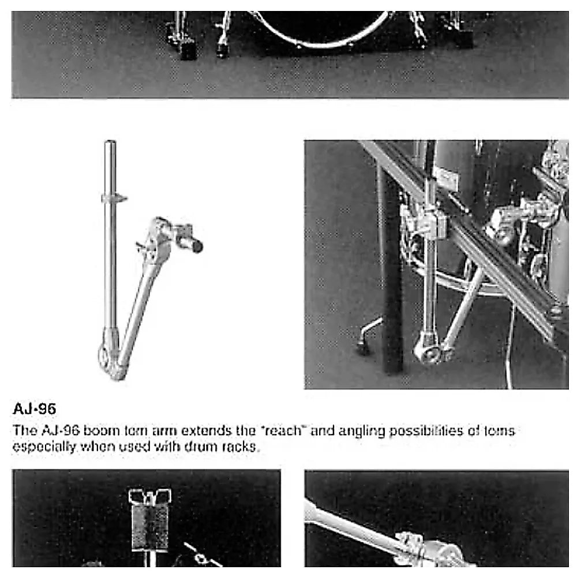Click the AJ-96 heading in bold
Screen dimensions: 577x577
pos(34,410)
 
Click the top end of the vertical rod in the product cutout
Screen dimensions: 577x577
pos(110,143)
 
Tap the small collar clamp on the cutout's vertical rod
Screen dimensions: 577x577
pos(113,198)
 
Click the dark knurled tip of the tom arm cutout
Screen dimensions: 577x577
pos(196,247)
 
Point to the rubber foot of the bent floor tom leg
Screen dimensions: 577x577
pos(362,349)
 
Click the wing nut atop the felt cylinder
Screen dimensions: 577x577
pos(150,496)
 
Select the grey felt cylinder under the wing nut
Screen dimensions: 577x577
pos(150,528)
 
